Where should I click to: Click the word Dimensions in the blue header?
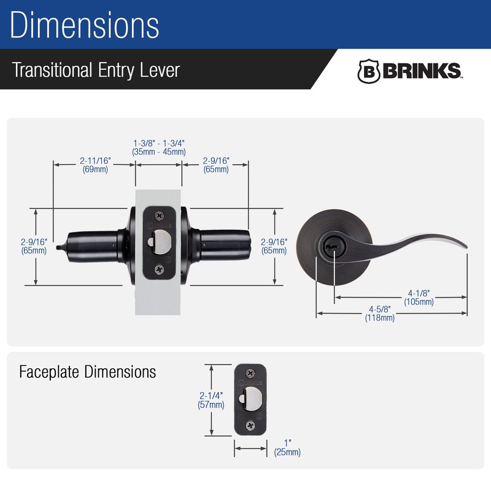click(85, 25)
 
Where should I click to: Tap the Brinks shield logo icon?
click(369, 71)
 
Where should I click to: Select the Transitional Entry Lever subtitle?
click(96, 69)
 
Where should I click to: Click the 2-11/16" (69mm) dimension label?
click(95, 165)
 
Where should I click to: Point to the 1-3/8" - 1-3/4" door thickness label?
click(159, 147)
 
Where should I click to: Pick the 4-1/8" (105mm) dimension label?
click(419, 298)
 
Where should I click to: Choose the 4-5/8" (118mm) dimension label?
click(379, 314)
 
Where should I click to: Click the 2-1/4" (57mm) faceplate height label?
click(211, 400)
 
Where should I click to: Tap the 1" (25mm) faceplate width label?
click(288, 448)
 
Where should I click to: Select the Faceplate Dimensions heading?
click(88, 372)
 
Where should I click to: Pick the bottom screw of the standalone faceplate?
click(250, 425)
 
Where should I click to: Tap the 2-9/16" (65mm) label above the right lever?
click(216, 165)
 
